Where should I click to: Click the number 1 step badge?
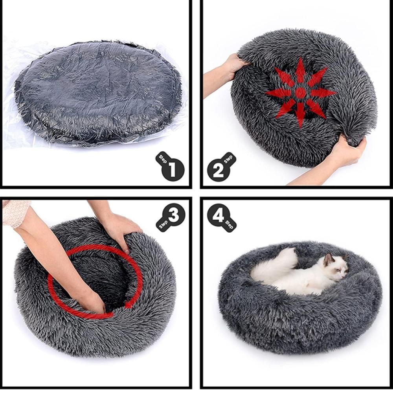[172, 169]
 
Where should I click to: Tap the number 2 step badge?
[220, 169]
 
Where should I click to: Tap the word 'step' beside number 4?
[230, 224]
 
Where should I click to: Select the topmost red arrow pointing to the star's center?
[301, 72]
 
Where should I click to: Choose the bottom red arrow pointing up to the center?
[301, 114]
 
